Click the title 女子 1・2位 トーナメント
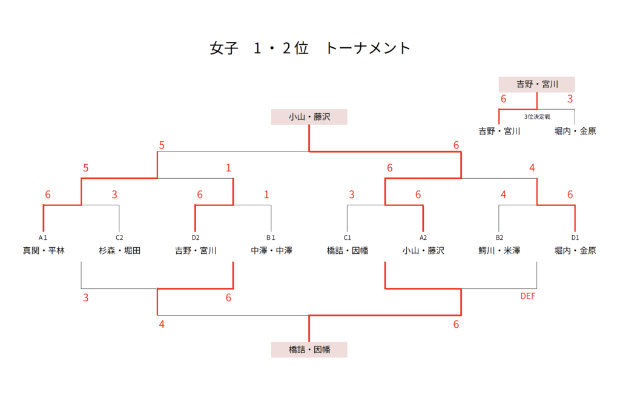coord(310,48)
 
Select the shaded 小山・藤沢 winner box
coord(309,117)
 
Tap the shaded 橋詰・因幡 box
coord(309,350)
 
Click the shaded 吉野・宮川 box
coord(536,84)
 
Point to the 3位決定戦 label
coord(536,116)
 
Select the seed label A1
coord(43,238)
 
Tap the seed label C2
coord(119,238)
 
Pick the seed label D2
coord(195,238)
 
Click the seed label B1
coord(271,238)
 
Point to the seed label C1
coord(347,238)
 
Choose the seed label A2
coord(423,238)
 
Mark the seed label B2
coord(499,238)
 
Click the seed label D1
coord(575,238)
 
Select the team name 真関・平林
coord(44,250)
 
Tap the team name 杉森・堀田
coord(119,250)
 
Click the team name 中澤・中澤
coord(271,250)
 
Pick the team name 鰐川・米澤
coord(499,250)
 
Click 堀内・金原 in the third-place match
coord(575,130)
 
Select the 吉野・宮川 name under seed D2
coord(196,250)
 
